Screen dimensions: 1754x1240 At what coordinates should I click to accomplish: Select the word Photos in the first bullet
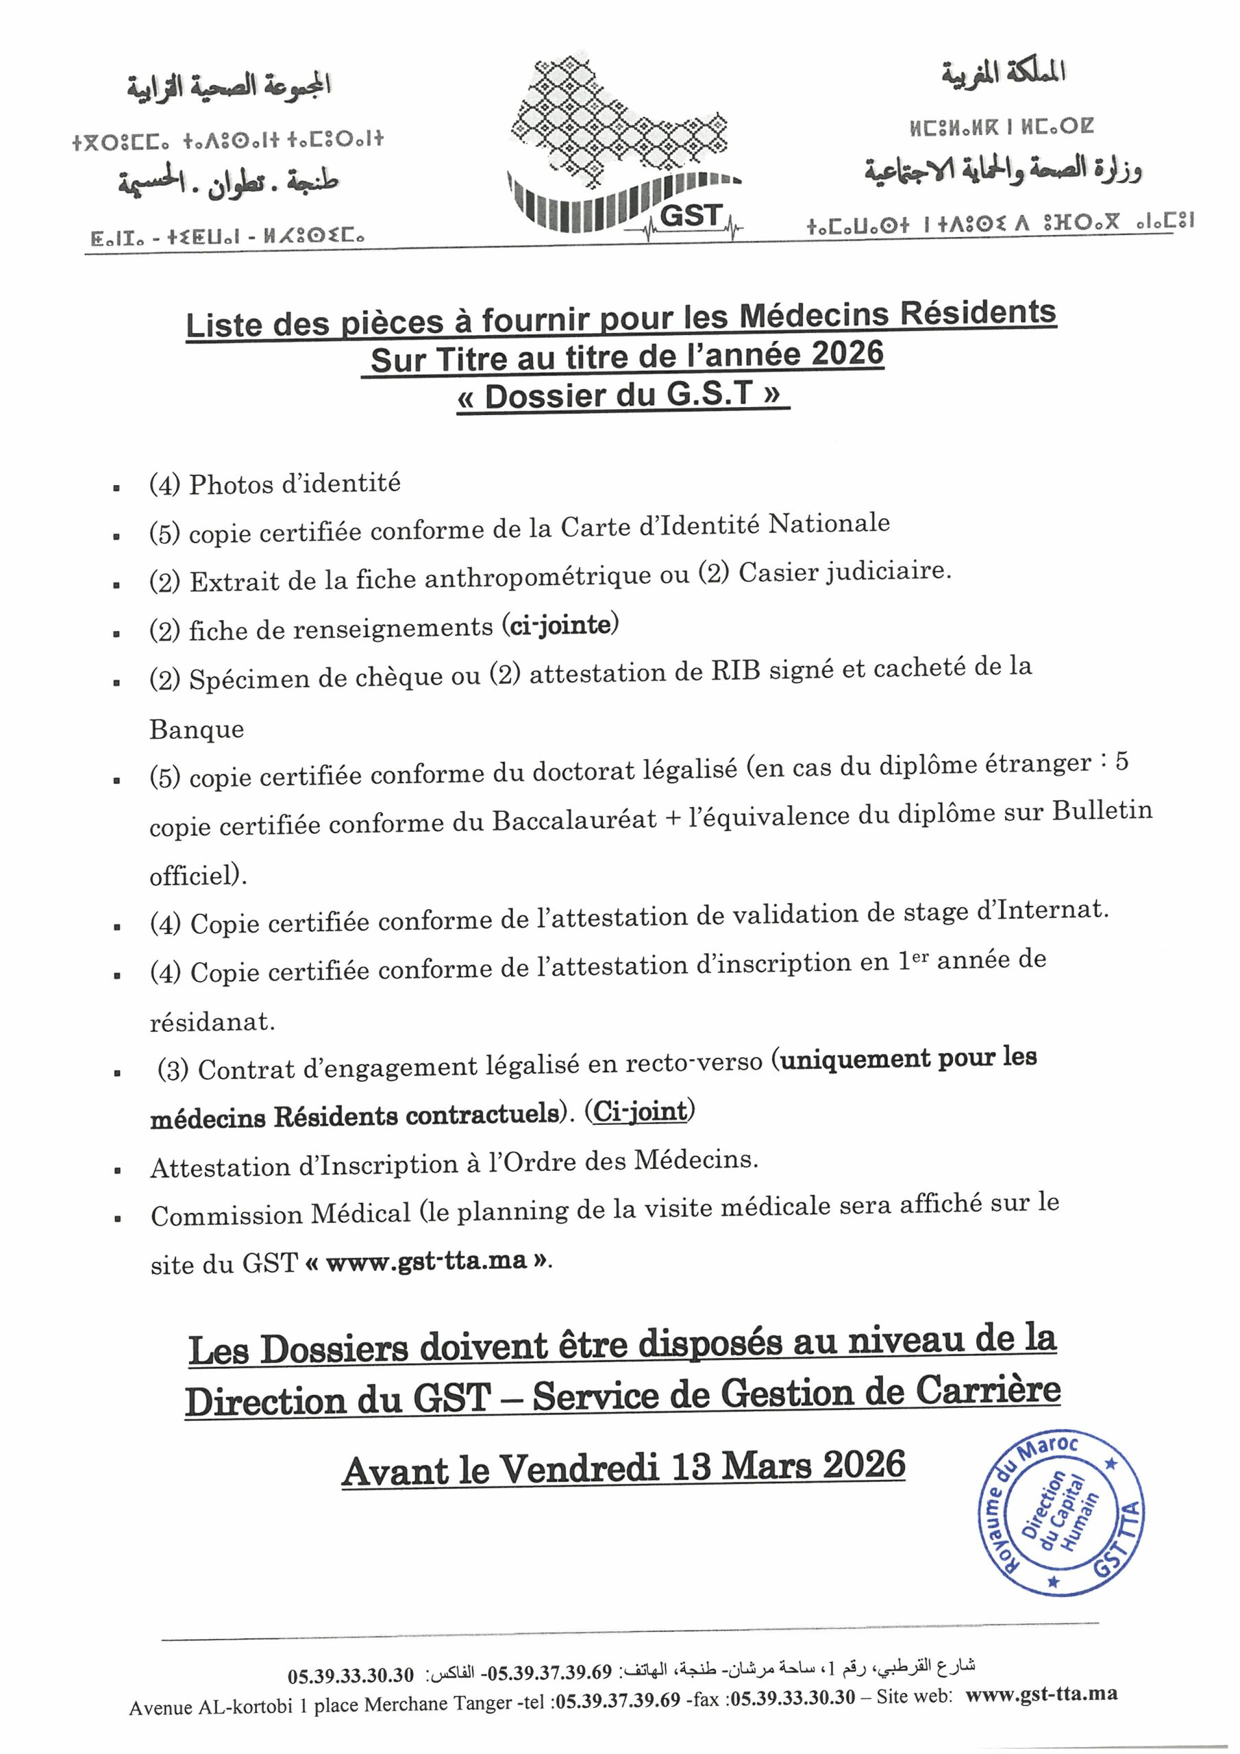(227, 484)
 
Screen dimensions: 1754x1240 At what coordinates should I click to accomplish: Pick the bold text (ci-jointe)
(560, 625)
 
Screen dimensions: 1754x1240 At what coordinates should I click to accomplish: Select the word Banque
(197, 730)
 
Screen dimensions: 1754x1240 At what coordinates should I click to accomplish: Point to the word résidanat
(212, 1022)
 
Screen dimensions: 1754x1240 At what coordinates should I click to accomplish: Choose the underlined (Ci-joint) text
(641, 1111)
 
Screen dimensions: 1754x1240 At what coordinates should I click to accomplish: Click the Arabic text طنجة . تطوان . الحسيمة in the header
(227, 182)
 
